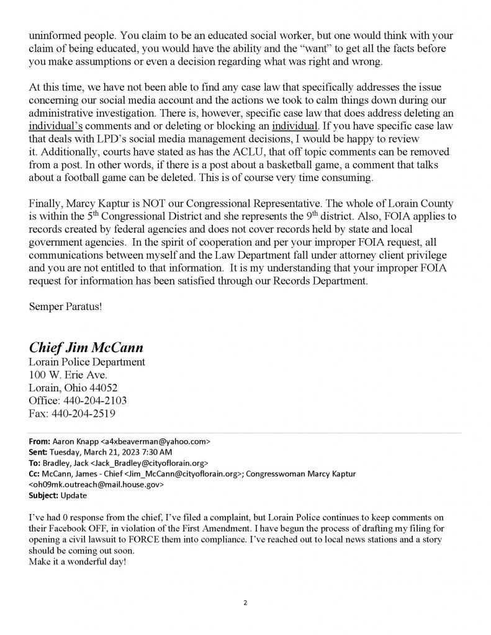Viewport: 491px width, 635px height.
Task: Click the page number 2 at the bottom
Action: click(x=246, y=602)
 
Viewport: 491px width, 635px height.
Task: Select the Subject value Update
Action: click(x=74, y=496)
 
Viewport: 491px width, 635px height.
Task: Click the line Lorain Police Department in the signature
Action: click(x=88, y=362)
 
